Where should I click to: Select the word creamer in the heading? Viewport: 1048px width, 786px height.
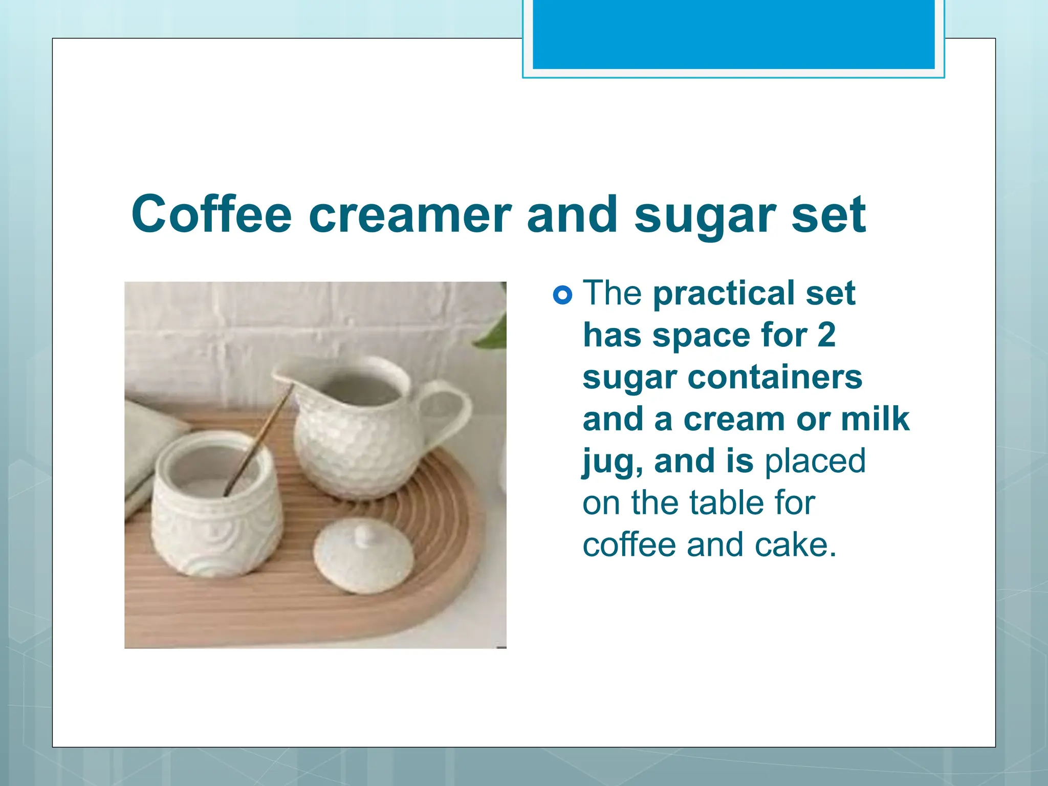click(x=409, y=215)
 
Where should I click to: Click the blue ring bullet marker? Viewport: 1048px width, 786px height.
click(x=562, y=295)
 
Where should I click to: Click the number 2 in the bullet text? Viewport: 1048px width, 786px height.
click(x=826, y=335)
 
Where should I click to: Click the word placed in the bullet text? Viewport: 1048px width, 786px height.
click(x=815, y=461)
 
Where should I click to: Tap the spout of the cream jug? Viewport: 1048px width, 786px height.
click(x=281, y=377)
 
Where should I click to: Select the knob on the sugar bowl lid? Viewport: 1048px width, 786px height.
click(x=364, y=535)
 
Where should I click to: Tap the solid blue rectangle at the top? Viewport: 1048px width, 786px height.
click(x=733, y=34)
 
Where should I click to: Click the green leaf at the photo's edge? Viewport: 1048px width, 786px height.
click(x=494, y=330)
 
